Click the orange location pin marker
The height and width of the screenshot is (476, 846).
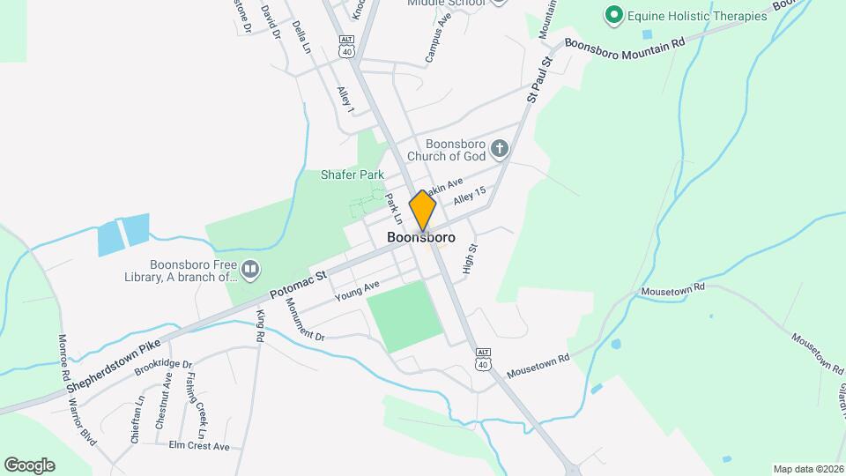point(423,211)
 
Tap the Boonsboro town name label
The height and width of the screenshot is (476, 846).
point(421,237)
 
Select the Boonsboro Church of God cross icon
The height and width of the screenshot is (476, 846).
point(500,148)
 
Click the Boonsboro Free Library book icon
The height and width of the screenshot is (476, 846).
point(251,267)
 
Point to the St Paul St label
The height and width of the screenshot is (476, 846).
point(539,79)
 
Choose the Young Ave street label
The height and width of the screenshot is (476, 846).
point(357,292)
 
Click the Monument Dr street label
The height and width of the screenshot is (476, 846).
point(305,319)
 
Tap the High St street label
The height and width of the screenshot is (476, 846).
point(470,259)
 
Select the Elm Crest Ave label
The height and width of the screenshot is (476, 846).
point(199,446)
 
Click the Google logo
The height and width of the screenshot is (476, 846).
point(29,465)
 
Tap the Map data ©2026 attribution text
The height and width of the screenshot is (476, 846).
point(807,469)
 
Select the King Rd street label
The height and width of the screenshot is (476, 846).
point(260,325)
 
